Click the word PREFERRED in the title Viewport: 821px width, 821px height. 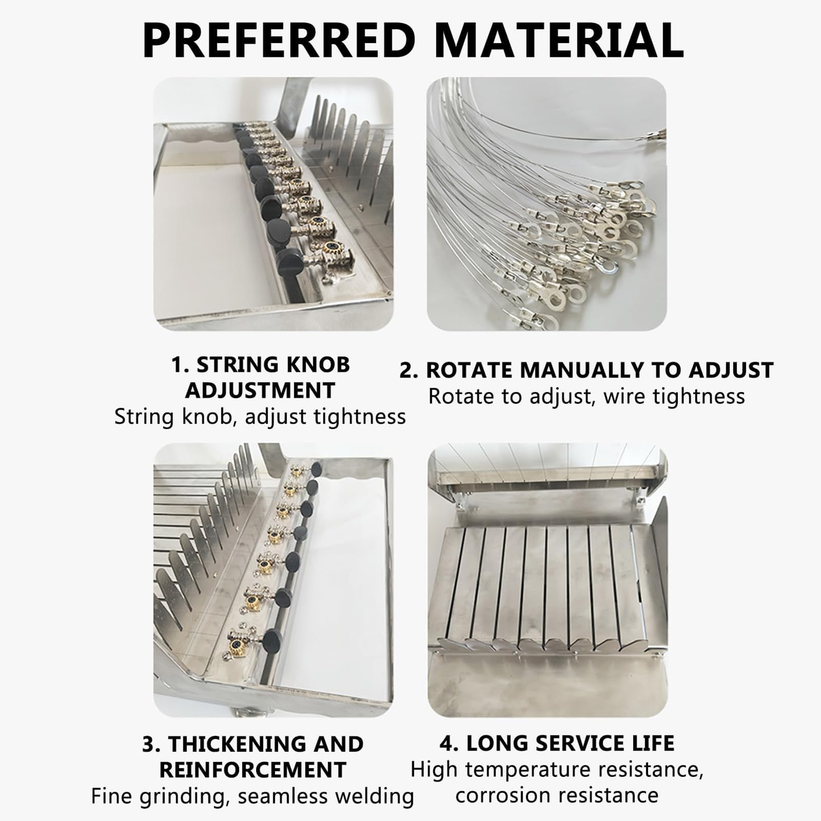278,40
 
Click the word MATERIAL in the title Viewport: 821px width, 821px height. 559,40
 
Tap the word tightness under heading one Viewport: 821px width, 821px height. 360,417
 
